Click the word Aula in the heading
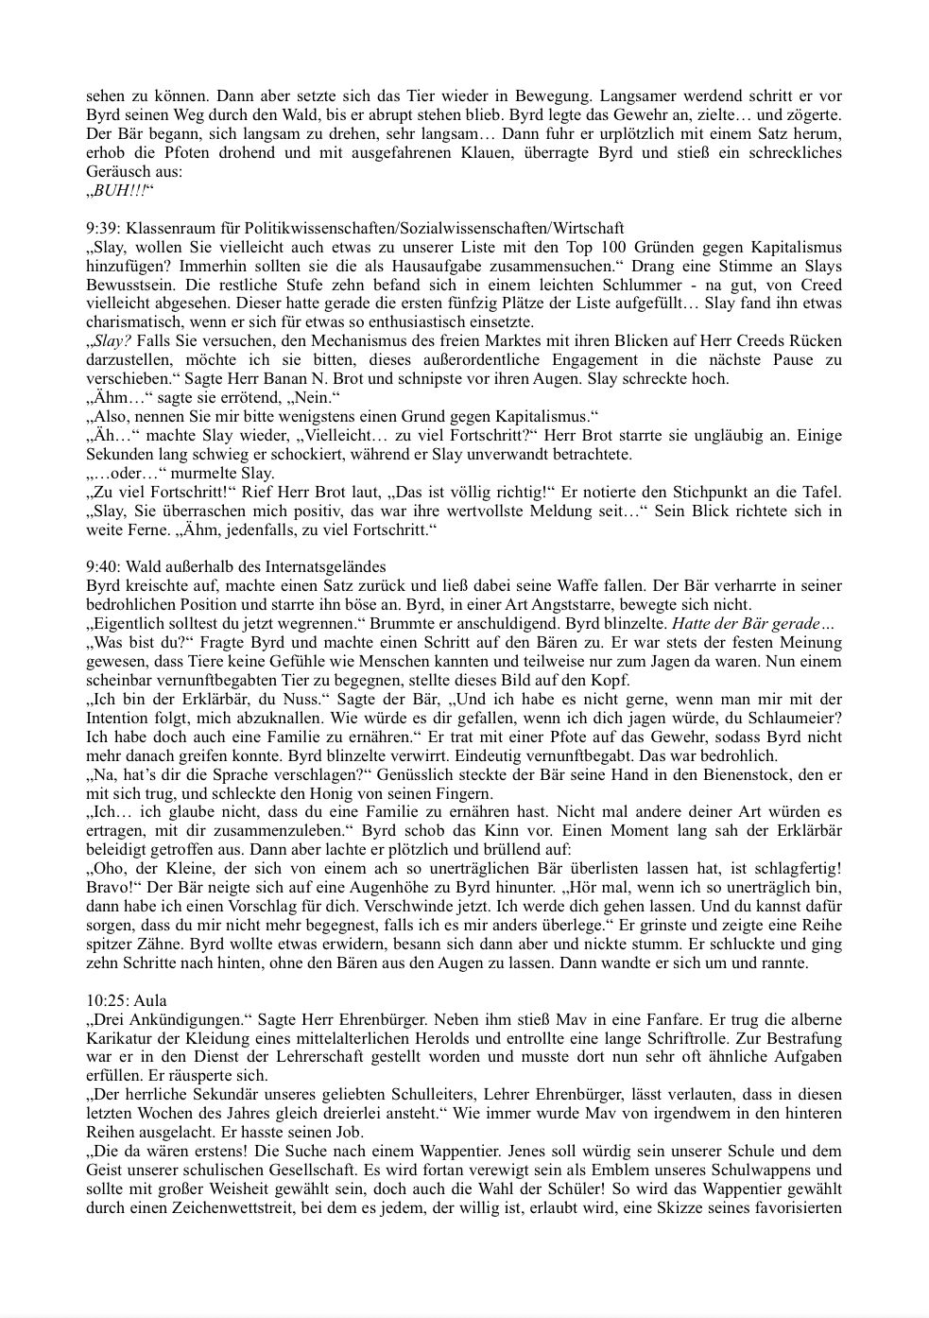[151, 1000]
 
